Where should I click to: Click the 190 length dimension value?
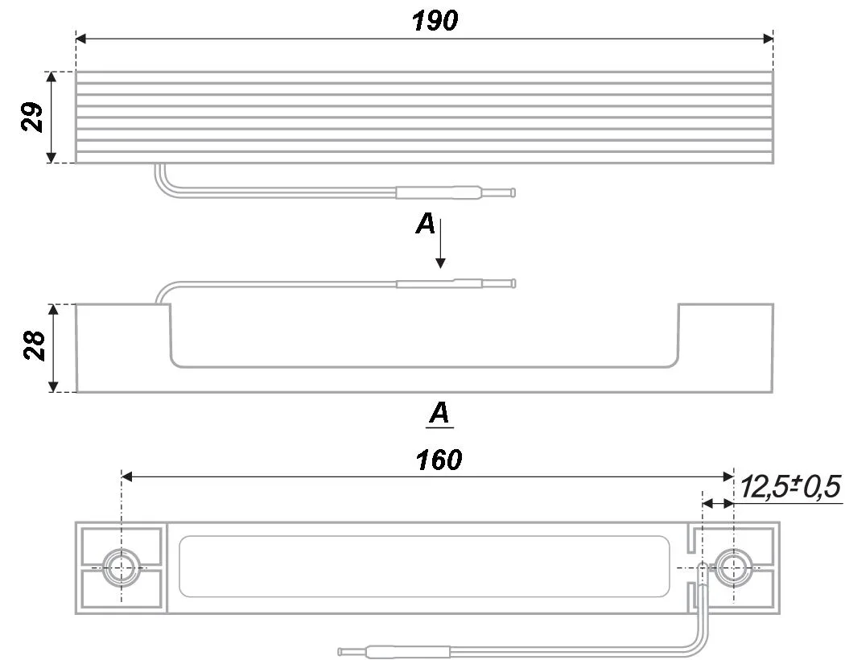435,21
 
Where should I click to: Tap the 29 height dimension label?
32,117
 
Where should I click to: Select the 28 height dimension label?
34,345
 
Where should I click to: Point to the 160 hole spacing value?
439,460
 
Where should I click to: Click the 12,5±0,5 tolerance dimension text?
790,486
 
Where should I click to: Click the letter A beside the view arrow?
425,224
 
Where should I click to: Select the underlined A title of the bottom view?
439,414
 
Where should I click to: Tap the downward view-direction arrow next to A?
440,244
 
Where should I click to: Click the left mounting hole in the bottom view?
122,568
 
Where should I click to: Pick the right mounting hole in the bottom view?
733,568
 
